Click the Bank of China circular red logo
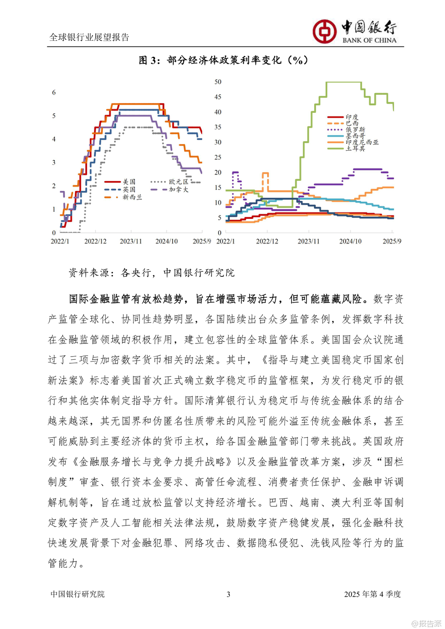pyautogui.click(x=324, y=31)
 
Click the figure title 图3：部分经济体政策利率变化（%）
pyautogui.click(x=223, y=60)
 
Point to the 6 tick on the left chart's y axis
pyautogui.click(x=54, y=93)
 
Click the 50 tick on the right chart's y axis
pyautogui.click(x=218, y=82)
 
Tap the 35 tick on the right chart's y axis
pyautogui.click(x=218, y=127)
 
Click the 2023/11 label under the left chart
pyautogui.click(x=131, y=242)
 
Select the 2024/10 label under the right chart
pyautogui.click(x=350, y=242)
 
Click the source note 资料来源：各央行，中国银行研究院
pyautogui.click(x=151, y=273)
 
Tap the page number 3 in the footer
pyautogui.click(x=228, y=594)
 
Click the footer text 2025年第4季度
pyautogui.click(x=372, y=594)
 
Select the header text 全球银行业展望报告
pyautogui.click(x=89, y=37)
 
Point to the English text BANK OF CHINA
pyautogui.click(x=369, y=40)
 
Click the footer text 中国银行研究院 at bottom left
pyautogui.click(x=78, y=594)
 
